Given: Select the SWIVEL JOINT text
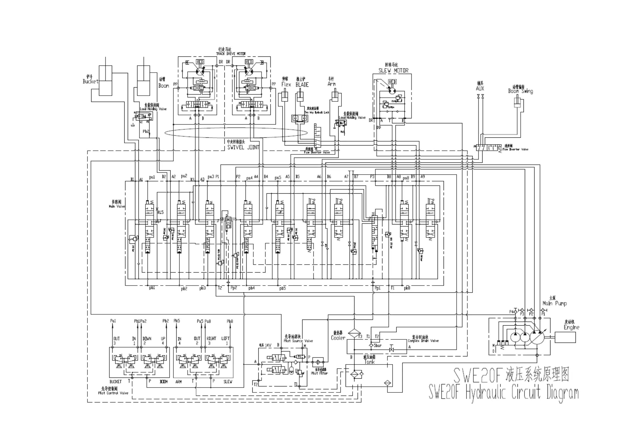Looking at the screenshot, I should point(243,147).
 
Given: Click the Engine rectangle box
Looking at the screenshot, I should point(565,337).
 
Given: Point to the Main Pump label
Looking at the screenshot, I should point(555,303).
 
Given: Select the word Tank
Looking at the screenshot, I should point(369,362).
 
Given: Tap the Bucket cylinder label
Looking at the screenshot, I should point(90,81).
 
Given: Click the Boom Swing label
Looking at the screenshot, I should point(520,91).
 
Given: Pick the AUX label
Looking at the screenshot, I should point(480,88).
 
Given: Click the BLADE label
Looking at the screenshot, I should point(302,85).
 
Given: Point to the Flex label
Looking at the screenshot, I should point(286,85).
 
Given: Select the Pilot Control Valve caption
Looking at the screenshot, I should point(113,393).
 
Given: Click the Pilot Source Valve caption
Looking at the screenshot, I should point(298,341).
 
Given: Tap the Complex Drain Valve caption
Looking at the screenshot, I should point(423,341).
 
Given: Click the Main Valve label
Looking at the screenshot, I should point(117,206).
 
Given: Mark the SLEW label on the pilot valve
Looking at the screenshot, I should point(228,382).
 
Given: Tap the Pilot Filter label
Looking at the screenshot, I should point(319,373).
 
